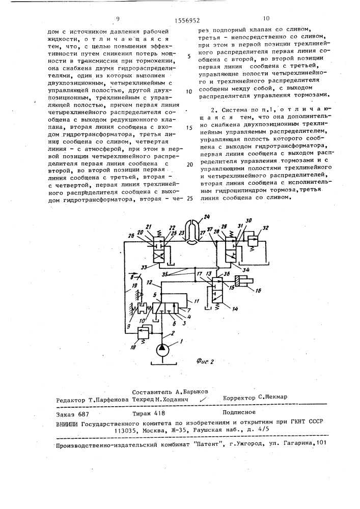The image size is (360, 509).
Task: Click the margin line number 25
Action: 190,198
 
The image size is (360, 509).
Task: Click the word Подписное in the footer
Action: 239,413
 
